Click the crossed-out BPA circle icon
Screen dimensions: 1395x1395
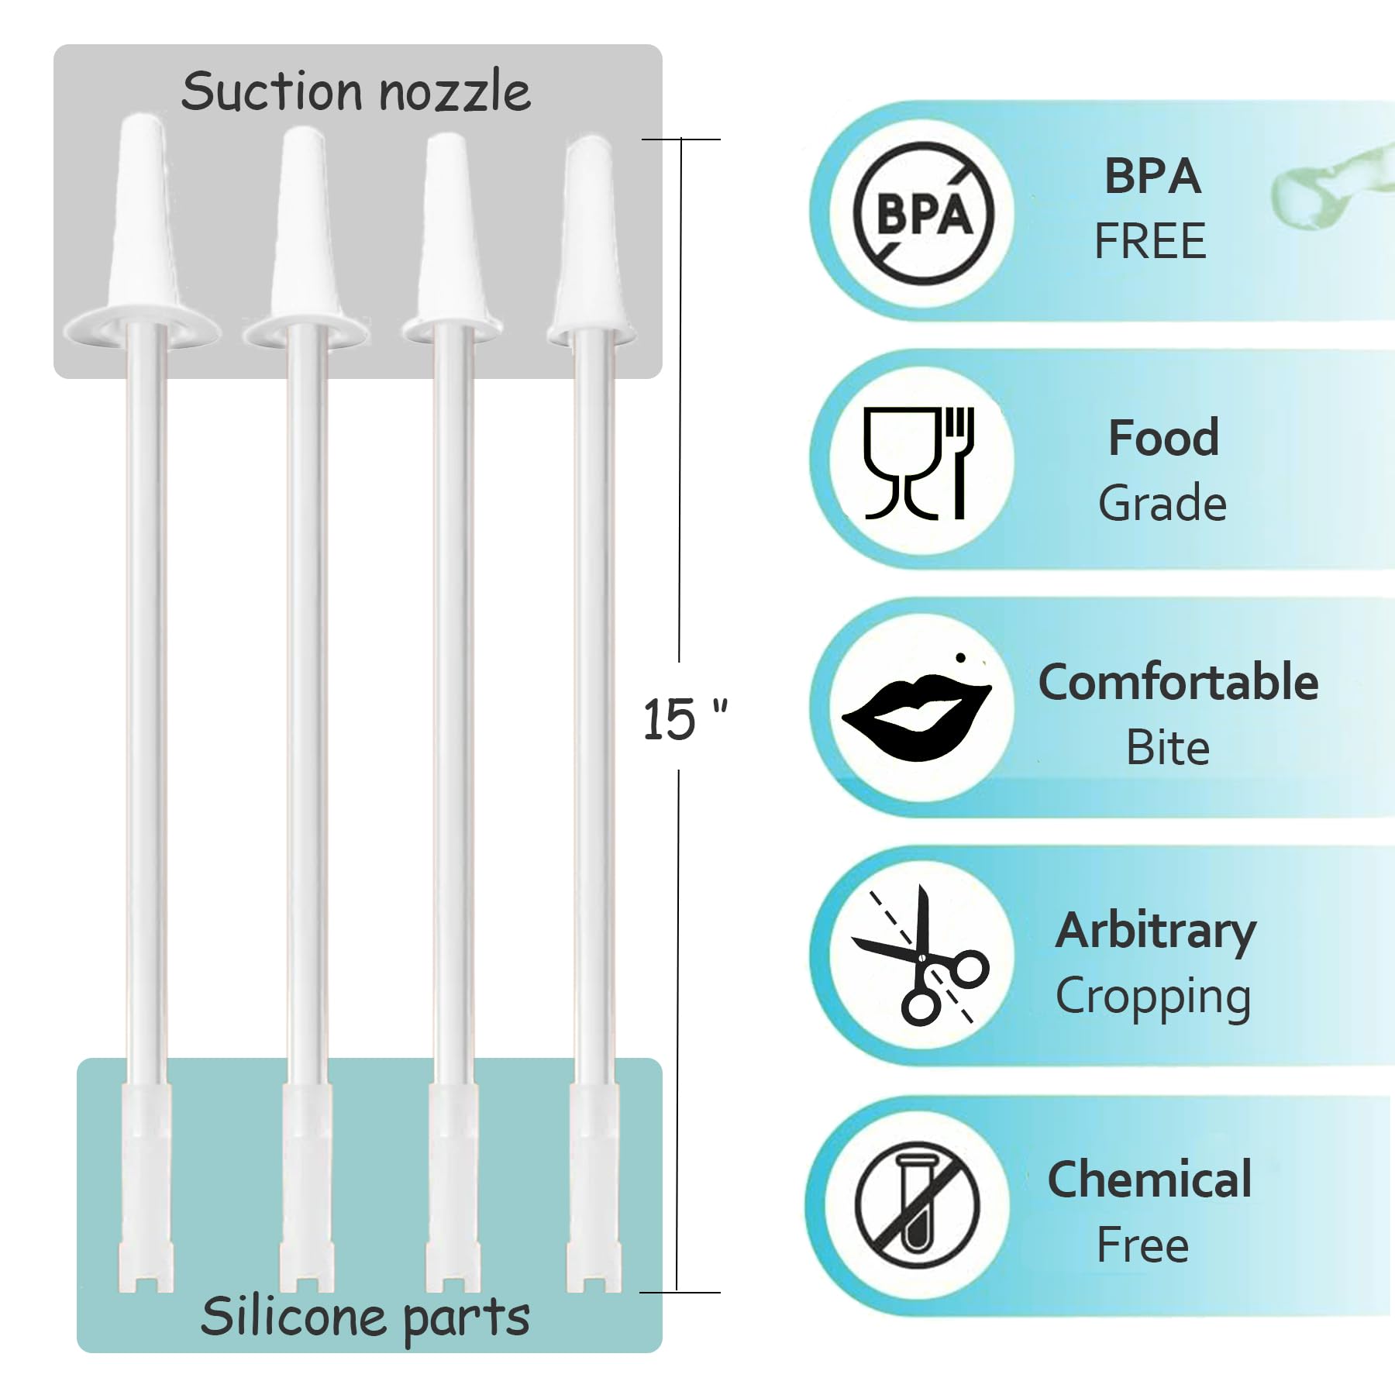[923, 212]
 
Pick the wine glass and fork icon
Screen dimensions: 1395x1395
[919, 462]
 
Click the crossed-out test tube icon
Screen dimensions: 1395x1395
[918, 1206]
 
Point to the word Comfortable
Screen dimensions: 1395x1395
[1178, 682]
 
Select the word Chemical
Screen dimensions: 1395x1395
[1149, 1180]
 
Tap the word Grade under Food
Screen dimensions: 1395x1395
[1162, 503]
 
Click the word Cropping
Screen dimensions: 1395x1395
[1153, 997]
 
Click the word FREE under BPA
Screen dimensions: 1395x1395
[1150, 241]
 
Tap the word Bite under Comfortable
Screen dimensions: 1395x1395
[1167, 748]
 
